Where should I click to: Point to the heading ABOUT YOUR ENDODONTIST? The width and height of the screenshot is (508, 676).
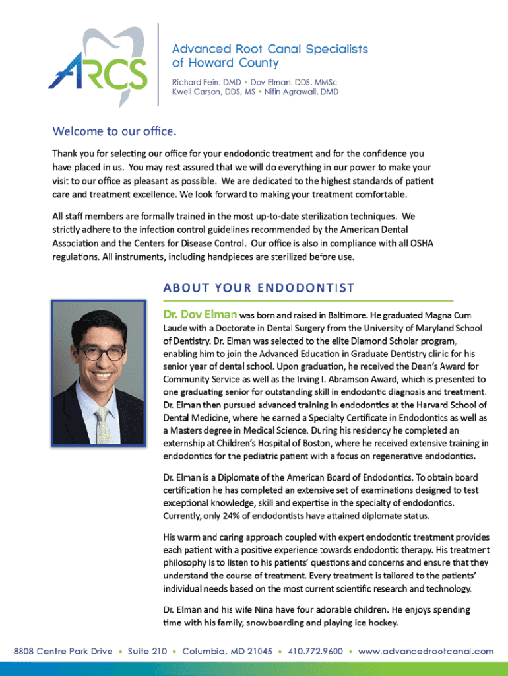[259, 288]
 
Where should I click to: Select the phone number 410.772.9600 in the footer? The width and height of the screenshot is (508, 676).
[315, 651]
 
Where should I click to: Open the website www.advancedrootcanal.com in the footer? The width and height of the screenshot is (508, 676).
[426, 651]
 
